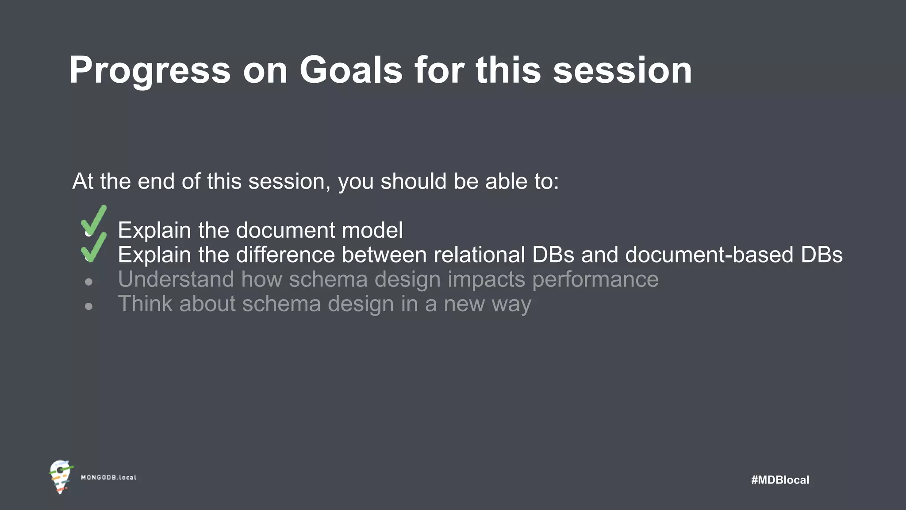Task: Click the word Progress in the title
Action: click(150, 71)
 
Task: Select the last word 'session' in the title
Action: click(622, 71)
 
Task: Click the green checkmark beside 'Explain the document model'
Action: click(94, 220)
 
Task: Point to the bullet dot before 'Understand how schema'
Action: click(89, 282)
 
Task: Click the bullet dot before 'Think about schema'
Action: click(89, 306)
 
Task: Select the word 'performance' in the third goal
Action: click(595, 280)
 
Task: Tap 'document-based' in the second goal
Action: click(709, 255)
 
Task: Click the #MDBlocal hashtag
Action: click(780, 480)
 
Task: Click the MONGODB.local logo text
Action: click(108, 478)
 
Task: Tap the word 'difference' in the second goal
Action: click(285, 255)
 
